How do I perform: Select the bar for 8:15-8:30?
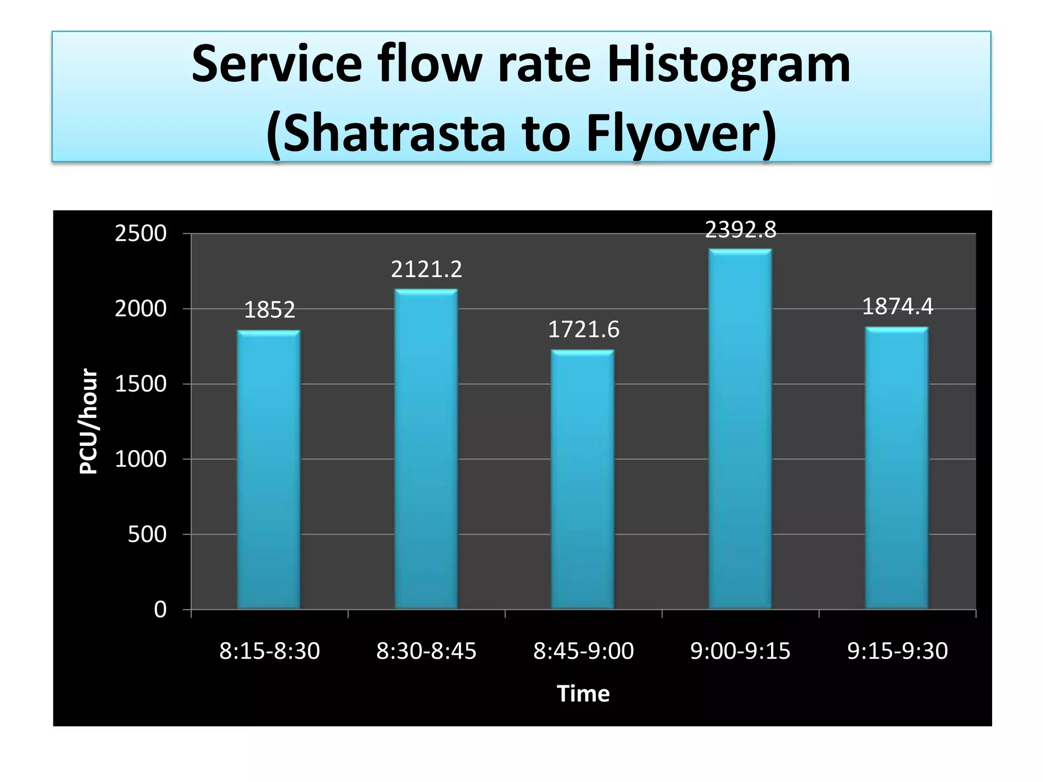coord(268,468)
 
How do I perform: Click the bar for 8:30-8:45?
coord(426,448)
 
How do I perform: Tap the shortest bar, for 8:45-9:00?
coord(583,479)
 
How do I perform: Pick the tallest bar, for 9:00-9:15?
coord(740,428)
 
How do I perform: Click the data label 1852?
coord(269,310)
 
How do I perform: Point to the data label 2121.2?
coord(426,269)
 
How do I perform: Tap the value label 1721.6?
coord(583,330)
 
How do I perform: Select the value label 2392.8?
coord(740,230)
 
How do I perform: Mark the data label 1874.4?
coord(897,306)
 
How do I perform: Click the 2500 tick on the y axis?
coord(141,234)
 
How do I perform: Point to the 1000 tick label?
coord(141,459)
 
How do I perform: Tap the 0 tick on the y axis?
coord(160,609)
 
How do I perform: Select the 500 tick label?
coord(147,535)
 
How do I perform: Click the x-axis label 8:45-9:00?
coord(583,651)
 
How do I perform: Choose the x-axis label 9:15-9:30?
coord(897,651)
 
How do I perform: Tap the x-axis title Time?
coord(583,693)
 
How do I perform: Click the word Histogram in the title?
coord(728,65)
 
